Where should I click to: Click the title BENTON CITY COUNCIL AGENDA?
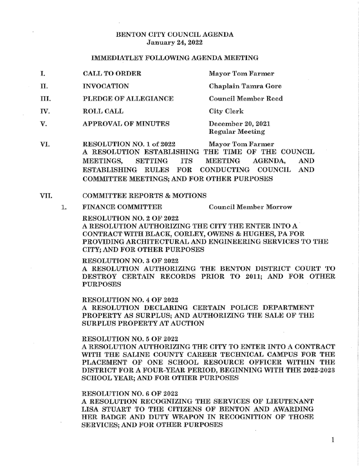(175, 35)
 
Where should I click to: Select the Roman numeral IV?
(45, 111)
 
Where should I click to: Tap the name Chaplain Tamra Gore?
(244, 86)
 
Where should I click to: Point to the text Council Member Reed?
(245, 98)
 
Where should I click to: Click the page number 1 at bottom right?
(333, 440)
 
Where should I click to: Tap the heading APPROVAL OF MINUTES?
(127, 123)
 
